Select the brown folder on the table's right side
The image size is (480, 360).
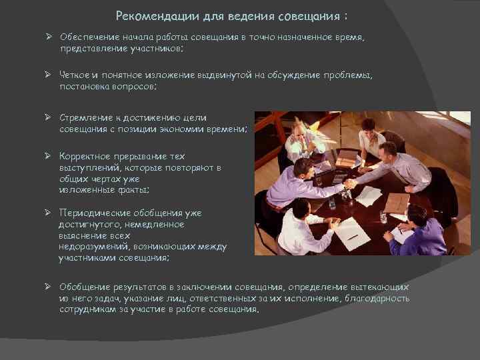pyautogui.click(x=397, y=202)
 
